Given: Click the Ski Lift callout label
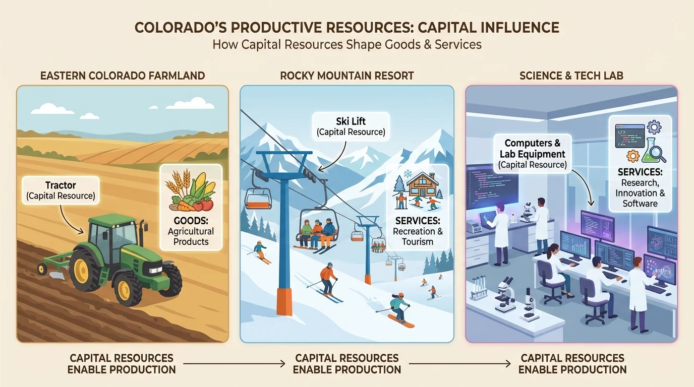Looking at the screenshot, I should tap(351, 126).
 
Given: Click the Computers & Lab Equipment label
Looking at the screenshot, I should tap(533, 154).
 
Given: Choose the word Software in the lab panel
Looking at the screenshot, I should tap(640, 204).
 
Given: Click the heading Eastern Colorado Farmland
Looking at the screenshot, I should tap(123, 76).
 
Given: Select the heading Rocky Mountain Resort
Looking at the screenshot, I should tap(347, 76).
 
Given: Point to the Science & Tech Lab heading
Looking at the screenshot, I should tap(571, 76).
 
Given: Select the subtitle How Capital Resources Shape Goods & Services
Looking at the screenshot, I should tap(347, 44).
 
